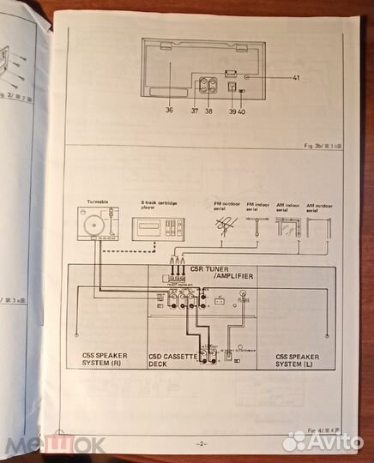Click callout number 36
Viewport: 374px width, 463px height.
click(x=168, y=109)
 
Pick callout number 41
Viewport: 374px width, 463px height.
click(x=296, y=79)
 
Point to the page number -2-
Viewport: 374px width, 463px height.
click(x=202, y=443)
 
